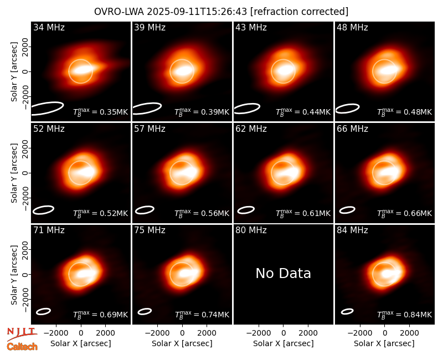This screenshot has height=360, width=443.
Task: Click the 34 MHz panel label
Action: (x=49, y=27)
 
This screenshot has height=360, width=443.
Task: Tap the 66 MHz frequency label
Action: (x=352, y=129)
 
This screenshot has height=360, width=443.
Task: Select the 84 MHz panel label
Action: (x=352, y=230)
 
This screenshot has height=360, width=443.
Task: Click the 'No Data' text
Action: (x=283, y=273)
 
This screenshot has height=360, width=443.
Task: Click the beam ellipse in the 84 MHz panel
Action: (x=347, y=311)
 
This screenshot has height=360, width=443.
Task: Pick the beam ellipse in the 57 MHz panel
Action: (x=145, y=210)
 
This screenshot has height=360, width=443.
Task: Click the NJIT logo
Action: (x=22, y=334)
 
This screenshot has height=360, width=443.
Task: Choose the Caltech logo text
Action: (x=22, y=347)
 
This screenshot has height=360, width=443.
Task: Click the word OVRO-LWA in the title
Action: (x=119, y=12)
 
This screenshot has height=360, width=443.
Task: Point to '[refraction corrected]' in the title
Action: (x=299, y=12)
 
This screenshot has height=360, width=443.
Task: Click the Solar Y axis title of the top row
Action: (x=14, y=72)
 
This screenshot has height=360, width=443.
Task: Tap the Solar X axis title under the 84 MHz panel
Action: (x=384, y=343)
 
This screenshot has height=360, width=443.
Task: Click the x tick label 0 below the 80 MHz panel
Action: (x=284, y=333)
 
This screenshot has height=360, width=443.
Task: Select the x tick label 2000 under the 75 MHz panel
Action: (x=207, y=333)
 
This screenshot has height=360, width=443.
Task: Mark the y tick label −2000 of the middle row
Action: (x=25, y=198)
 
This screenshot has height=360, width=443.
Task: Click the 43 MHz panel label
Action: (x=251, y=27)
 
